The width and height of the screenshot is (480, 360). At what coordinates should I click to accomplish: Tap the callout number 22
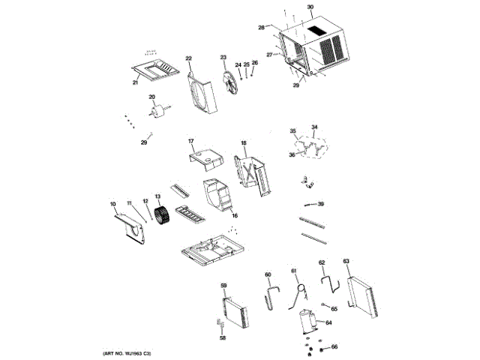tap(189, 58)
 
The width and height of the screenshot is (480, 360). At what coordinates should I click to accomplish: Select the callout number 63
tap(346, 261)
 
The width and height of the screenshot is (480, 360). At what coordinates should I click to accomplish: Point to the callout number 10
tap(113, 204)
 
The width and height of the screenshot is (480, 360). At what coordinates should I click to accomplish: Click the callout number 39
tap(320, 204)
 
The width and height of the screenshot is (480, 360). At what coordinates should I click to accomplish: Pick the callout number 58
tap(223, 338)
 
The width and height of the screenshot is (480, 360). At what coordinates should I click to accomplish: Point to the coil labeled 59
tap(237, 315)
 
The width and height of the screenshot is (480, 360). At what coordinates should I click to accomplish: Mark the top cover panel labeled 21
tap(158, 70)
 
